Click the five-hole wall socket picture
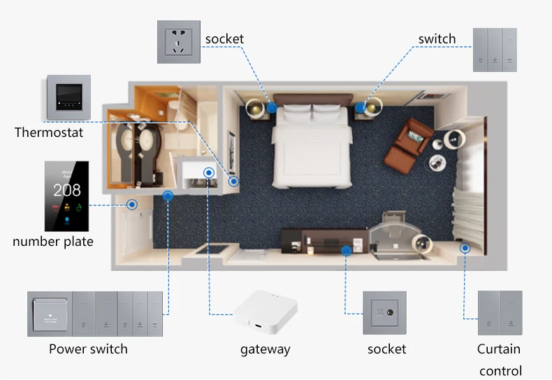178,42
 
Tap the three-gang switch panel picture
495,50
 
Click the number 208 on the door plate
67,189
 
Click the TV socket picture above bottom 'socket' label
384,313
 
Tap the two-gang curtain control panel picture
500,313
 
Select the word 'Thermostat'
49,132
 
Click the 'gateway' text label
265,349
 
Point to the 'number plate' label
53,242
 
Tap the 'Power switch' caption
88,349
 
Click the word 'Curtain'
499,349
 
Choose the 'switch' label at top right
437,39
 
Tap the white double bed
312,147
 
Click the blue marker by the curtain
464,247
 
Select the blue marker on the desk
345,249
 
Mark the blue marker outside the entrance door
131,205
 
